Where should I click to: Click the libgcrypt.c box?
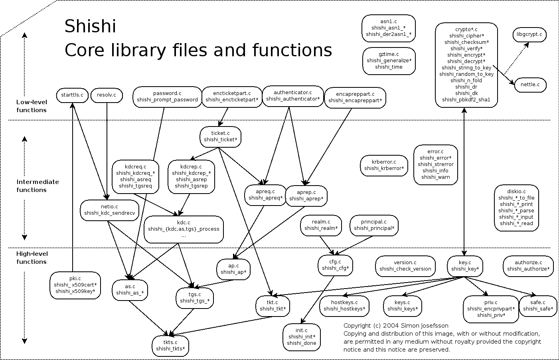(529, 35)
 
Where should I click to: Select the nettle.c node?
(530, 85)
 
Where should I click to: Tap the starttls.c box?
(72, 95)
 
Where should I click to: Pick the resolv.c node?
(107, 95)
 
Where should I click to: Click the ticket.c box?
(221, 136)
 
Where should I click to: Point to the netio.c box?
(109, 210)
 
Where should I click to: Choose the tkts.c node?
(170, 345)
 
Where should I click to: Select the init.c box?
(301, 336)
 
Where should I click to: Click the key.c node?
(465, 265)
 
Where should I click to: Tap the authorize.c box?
(528, 265)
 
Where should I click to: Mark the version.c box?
(405, 265)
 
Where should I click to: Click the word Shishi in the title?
(90, 26)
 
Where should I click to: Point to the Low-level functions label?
(31, 106)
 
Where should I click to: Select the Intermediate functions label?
(38, 186)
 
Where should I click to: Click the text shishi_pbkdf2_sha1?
(466, 100)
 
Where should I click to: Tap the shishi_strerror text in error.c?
(435, 164)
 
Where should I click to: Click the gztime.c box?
(389, 61)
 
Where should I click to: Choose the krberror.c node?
(384, 165)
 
